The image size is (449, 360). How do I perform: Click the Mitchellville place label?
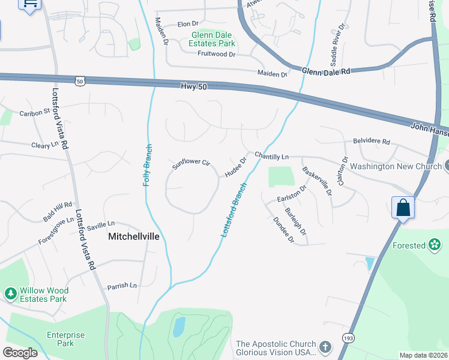[x=134, y=236]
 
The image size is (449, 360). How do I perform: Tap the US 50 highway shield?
[x=80, y=80]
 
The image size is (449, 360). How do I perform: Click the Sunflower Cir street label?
[x=191, y=164]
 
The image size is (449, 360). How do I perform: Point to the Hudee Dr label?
[x=236, y=167]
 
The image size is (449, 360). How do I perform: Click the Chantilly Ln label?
[x=271, y=156]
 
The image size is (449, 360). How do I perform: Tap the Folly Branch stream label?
[x=146, y=165]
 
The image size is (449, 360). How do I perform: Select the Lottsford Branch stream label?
[x=235, y=209]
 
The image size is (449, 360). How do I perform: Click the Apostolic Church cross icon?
[x=325, y=347]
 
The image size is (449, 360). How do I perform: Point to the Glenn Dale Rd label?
[x=326, y=71]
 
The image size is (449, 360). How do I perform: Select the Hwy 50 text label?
[x=193, y=87]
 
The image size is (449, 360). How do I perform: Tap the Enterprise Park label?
[x=66, y=339]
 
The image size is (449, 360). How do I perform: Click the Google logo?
[x=20, y=352]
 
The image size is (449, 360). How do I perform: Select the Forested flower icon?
[x=435, y=245]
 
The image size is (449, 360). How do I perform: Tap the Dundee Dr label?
[x=283, y=230]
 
